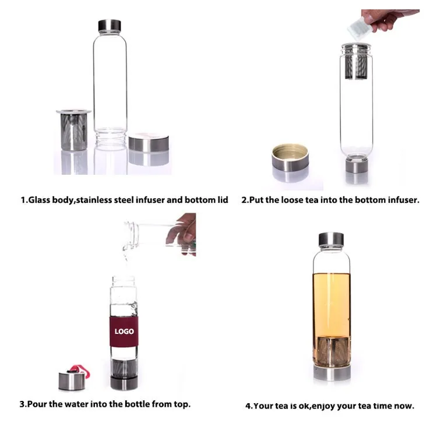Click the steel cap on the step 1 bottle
(110, 26)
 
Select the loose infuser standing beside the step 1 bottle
(74, 130)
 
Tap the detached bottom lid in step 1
(149, 143)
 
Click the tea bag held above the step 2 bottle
(360, 27)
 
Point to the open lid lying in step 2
(290, 157)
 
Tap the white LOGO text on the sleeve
(124, 331)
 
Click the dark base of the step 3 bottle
(124, 383)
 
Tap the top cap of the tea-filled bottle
(331, 239)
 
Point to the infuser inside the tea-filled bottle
(332, 351)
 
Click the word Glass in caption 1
(40, 200)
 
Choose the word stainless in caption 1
(94, 200)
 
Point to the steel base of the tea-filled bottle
(332, 373)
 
